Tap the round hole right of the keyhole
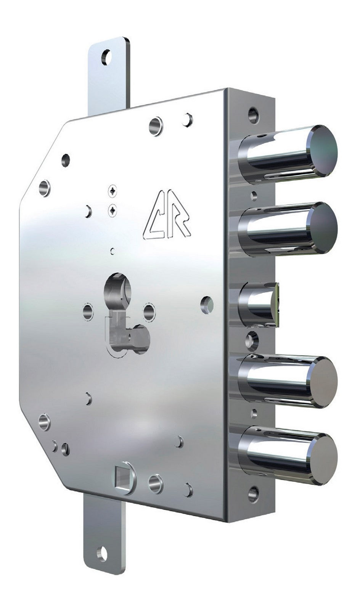point(149,311)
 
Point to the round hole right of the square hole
point(155,483)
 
